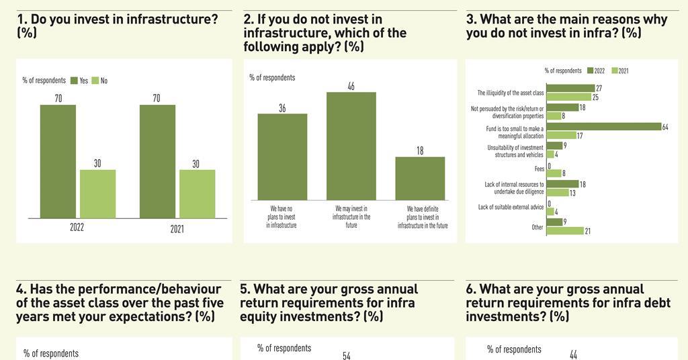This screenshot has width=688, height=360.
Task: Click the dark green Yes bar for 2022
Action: click(58, 161)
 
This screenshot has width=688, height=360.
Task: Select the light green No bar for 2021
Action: click(197, 193)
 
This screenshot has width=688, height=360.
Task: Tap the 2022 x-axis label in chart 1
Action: click(77, 228)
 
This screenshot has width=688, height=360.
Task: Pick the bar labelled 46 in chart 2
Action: click(351, 146)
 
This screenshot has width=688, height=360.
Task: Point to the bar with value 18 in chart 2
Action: click(420, 178)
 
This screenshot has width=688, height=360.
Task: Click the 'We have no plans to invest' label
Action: click(281, 217)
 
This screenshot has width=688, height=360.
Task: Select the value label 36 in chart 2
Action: click(282, 107)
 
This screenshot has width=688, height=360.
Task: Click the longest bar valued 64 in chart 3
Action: click(603, 126)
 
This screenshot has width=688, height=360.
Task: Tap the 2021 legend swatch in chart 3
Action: click(613, 71)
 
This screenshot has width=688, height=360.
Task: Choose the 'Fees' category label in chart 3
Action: click(539, 169)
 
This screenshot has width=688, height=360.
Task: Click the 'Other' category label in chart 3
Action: click(537, 227)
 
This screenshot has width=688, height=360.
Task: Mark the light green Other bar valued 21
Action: click(565, 231)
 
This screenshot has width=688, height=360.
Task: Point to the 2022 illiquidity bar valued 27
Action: click(570, 89)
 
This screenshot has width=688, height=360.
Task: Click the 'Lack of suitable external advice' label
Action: click(511, 207)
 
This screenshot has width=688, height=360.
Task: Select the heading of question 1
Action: click(118, 26)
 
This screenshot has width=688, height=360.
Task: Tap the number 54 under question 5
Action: click(347, 355)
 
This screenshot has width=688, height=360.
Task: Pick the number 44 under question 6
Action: click(573, 355)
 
